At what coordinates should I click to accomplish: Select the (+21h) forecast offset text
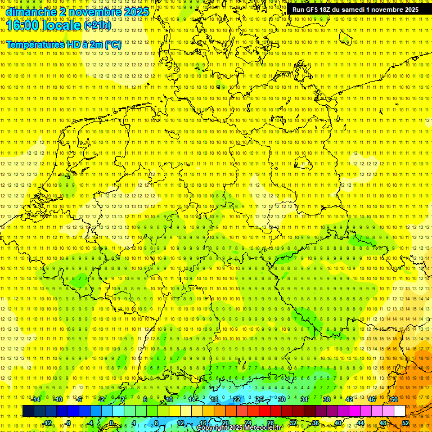click(97, 25)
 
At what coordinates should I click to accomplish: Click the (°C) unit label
click(112, 44)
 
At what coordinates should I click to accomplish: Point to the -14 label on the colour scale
click(35, 399)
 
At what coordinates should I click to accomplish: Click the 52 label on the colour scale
click(406, 423)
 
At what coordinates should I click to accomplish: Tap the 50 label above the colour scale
click(394, 399)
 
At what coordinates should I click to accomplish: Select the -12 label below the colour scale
click(47, 423)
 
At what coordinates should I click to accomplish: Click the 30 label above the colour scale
click(282, 399)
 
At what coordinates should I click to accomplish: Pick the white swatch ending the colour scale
click(399, 411)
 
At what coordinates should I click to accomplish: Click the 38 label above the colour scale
click(327, 399)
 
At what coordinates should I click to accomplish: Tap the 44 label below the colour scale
click(361, 423)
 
